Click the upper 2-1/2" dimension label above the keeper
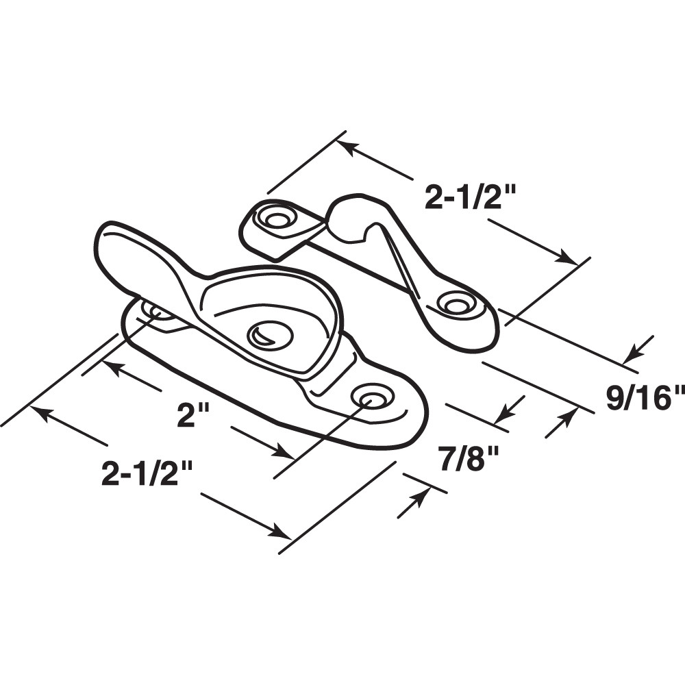coord(469,198)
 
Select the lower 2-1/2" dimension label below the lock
coord(147,473)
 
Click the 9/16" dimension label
coord(645,397)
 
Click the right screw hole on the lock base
coord(373,397)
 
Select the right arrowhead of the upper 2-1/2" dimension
coord(568,258)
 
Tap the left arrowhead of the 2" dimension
coord(110,366)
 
